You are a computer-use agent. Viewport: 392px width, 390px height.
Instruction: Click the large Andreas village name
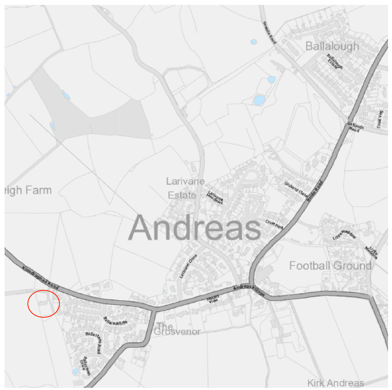pos(195,228)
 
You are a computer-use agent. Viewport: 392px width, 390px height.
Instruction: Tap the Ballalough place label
pos(332,46)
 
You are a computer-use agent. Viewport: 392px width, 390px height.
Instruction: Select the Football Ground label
pos(330,266)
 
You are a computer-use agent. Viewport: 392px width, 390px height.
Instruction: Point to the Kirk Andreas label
pos(335,383)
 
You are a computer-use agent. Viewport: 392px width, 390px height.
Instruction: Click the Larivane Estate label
pos(184,188)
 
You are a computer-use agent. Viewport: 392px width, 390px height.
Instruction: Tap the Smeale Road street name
pos(270,32)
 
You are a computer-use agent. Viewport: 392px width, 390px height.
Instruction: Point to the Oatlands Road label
pos(355,127)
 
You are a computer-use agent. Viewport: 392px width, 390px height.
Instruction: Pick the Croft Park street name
pos(274,225)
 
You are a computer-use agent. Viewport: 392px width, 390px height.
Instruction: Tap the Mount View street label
pos(213,299)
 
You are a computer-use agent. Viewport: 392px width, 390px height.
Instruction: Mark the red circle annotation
pos(43,304)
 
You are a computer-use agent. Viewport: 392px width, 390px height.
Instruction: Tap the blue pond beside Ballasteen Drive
pos(76,371)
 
